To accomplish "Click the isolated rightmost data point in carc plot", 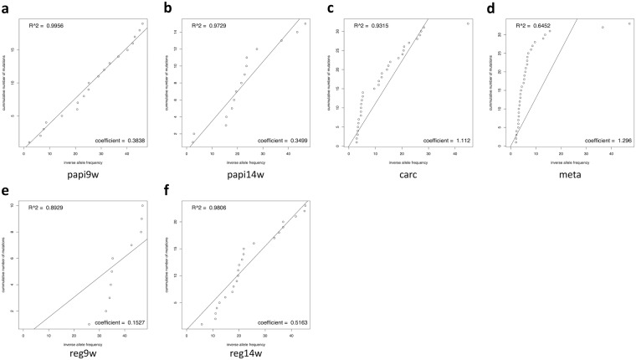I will pos(467,23).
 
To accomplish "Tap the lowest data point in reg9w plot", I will pos(89,324).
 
